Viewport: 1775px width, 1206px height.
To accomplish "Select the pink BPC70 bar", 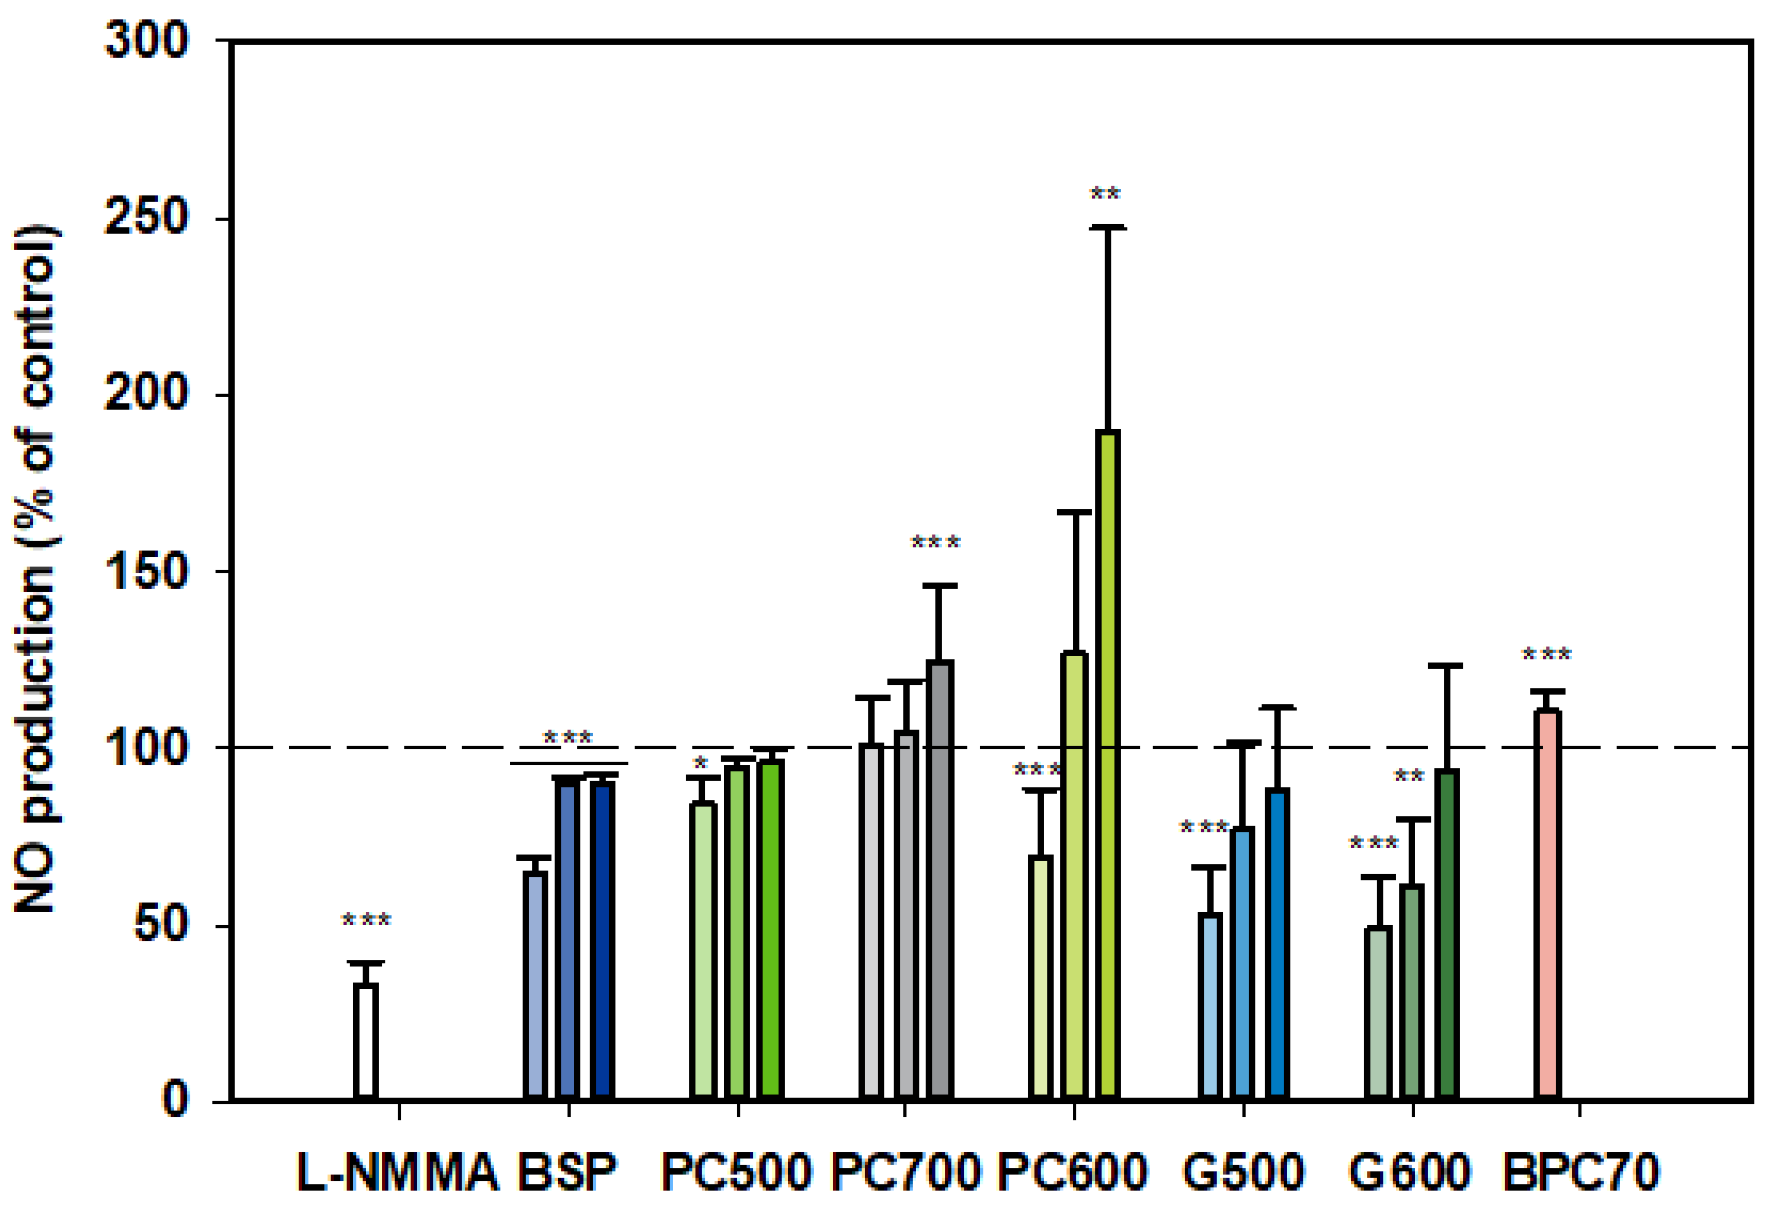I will [1547, 905].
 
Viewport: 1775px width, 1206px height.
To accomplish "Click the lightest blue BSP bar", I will [535, 985].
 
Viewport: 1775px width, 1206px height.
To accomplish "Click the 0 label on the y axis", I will [175, 1100].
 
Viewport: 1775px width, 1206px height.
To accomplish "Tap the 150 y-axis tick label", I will [145, 571].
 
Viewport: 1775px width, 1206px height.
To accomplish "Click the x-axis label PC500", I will [735, 1172].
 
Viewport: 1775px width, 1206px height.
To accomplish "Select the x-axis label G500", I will [1243, 1172].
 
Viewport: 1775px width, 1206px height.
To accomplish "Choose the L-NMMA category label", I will [397, 1172].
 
